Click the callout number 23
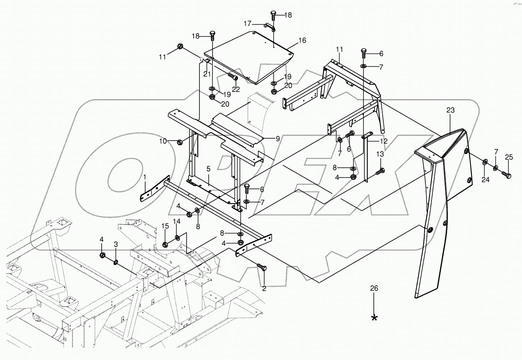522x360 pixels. (x=450, y=110)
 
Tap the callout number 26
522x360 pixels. (x=374, y=288)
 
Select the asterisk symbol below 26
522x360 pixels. (x=374, y=318)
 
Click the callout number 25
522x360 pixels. (x=509, y=157)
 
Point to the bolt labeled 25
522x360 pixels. (x=506, y=176)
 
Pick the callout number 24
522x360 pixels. (x=485, y=179)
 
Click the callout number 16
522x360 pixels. (x=302, y=40)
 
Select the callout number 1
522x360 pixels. (x=145, y=177)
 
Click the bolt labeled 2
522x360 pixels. (x=262, y=267)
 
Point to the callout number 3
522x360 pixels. (x=115, y=245)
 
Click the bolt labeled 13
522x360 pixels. (x=379, y=171)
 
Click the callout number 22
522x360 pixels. (x=236, y=89)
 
